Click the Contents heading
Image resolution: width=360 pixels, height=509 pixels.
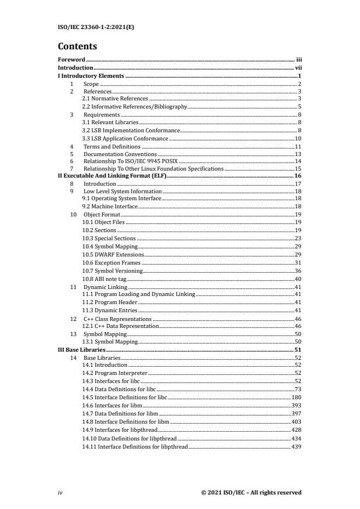coord(77,46)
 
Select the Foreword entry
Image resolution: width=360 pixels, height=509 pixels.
coord(71,60)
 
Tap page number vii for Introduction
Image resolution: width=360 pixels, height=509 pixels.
coord(298,68)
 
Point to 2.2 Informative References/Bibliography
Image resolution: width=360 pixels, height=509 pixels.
coord(135,107)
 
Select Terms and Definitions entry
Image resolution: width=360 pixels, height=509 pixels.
coord(112,147)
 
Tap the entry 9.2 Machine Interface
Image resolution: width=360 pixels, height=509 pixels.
coord(110,207)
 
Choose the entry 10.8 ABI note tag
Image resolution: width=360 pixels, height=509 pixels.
coord(104,279)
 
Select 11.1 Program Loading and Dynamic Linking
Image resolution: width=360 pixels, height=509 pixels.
coord(139,295)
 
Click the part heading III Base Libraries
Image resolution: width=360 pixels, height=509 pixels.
coord(82,351)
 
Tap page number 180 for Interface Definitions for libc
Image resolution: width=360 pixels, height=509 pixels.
coord(296,397)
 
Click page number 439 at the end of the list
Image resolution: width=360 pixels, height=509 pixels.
coord(296,447)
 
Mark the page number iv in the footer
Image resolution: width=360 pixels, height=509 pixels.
coord(60,493)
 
